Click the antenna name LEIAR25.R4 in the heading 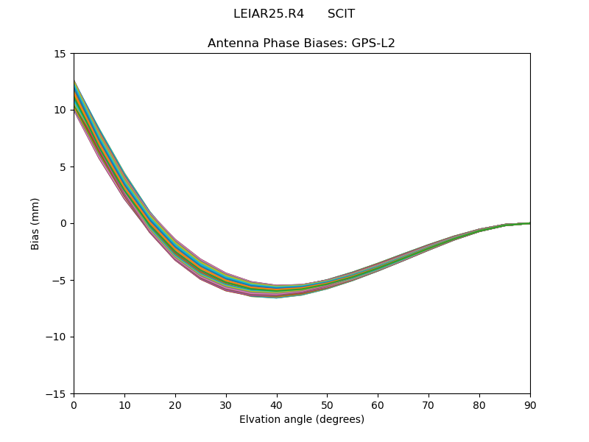268,14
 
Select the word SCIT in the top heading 341,14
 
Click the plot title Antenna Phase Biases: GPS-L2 301,43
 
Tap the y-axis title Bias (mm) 35,223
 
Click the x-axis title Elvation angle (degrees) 302,420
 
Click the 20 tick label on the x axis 175,404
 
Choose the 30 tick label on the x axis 226,404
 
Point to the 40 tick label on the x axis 277,404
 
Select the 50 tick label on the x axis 327,404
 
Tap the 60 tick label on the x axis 378,404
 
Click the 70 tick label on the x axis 428,404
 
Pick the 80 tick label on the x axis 479,404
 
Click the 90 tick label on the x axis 530,404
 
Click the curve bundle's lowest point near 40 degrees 277,297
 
